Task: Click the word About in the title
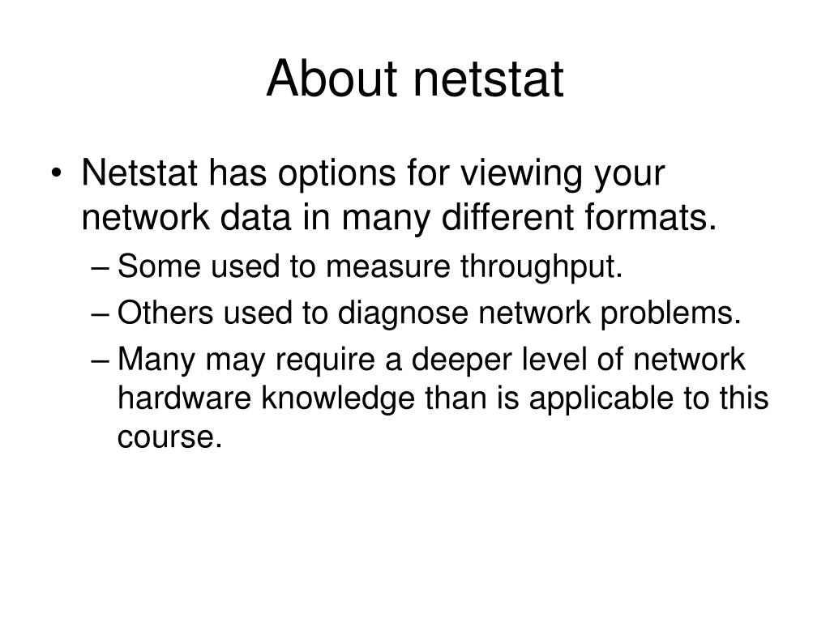click(x=332, y=80)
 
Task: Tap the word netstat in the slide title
click(x=489, y=80)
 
